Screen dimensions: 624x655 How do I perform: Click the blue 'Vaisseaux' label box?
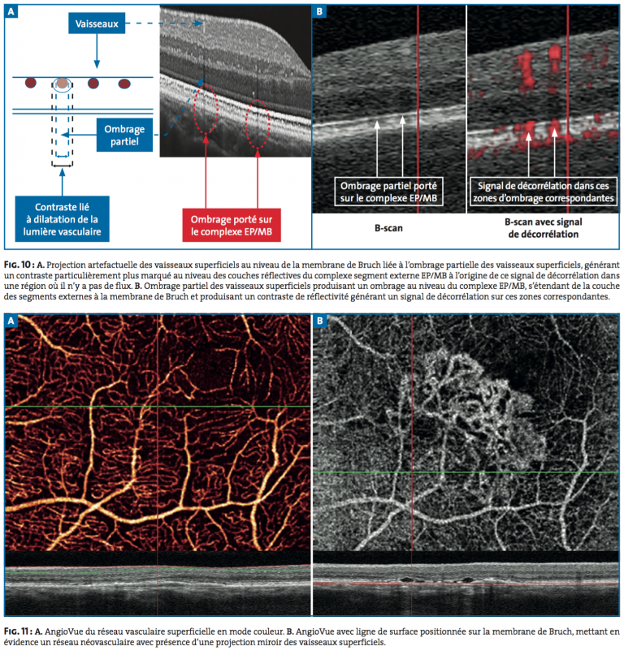(x=97, y=24)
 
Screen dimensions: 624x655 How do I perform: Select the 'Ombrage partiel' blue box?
(x=124, y=135)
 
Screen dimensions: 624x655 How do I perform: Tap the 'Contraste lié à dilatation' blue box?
(x=63, y=219)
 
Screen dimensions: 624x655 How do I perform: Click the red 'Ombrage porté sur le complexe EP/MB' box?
(x=232, y=225)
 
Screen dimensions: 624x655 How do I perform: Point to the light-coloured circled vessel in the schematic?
(x=62, y=84)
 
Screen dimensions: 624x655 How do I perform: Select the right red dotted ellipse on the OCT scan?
(x=258, y=124)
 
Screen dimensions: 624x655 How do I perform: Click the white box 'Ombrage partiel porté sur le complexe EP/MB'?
(x=388, y=192)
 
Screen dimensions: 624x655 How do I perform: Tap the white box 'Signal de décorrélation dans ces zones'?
(x=543, y=192)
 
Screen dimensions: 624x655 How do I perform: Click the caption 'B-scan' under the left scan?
(x=388, y=228)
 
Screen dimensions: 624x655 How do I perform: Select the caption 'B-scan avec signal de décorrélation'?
(x=543, y=228)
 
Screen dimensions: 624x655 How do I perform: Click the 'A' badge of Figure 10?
(x=11, y=11)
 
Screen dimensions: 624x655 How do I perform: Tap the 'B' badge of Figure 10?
(x=319, y=11)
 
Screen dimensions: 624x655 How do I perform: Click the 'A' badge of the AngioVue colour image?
(x=11, y=321)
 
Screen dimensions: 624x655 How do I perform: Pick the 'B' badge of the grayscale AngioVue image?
(x=319, y=321)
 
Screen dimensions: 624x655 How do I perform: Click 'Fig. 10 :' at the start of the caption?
(x=19, y=265)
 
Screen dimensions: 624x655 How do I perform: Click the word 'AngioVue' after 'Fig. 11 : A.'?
(x=63, y=631)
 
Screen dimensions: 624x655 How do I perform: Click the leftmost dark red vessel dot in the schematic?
(x=31, y=83)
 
